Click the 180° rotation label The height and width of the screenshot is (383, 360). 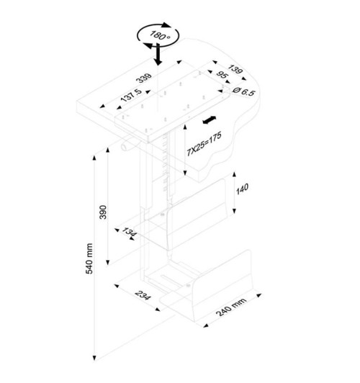pyautogui.click(x=160, y=35)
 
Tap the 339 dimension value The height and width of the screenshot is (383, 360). pyautogui.click(x=144, y=78)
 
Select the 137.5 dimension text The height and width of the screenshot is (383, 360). pyautogui.click(x=131, y=95)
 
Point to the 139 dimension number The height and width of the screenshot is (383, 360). pyautogui.click(x=235, y=69)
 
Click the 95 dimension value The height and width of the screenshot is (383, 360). pyautogui.click(x=222, y=75)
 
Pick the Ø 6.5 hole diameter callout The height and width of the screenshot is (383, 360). pyautogui.click(x=244, y=91)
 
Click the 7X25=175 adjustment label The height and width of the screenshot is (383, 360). pyautogui.click(x=204, y=144)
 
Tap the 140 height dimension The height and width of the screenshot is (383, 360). pyautogui.click(x=242, y=189)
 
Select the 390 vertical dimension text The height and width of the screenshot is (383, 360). pyautogui.click(x=103, y=212)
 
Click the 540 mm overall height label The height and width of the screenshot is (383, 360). pyautogui.click(x=89, y=258)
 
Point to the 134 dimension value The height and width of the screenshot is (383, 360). pyautogui.click(x=129, y=232)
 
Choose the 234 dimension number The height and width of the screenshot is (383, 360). pyautogui.click(x=143, y=296)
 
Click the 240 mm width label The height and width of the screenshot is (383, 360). pyautogui.click(x=231, y=307)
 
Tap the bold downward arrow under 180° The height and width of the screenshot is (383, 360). pyautogui.click(x=158, y=54)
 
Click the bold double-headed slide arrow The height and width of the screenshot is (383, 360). pyautogui.click(x=210, y=120)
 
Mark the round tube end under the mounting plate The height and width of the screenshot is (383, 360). pyautogui.click(x=125, y=148)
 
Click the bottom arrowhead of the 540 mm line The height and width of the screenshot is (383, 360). pyautogui.click(x=94, y=358)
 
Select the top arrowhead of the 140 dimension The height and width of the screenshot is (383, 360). pyautogui.click(x=234, y=174)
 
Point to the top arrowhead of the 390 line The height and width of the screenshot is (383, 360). pyautogui.click(x=107, y=150)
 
